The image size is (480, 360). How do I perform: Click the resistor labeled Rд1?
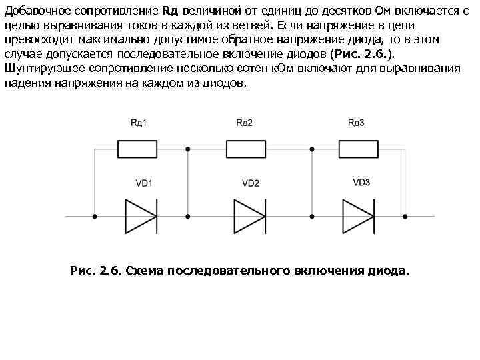point(137,149)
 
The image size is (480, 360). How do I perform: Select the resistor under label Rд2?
point(247,149)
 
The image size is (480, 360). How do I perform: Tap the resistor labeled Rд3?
point(358,149)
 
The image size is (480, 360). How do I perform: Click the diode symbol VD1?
point(141,216)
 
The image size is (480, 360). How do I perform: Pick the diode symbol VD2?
point(249,216)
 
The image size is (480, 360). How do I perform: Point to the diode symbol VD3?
point(358,216)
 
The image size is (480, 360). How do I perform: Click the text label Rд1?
point(139,123)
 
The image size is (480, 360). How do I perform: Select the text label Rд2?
point(245,123)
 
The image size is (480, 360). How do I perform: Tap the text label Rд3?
point(356,123)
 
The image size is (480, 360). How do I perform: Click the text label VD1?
point(144,183)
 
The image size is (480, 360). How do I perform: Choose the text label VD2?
point(251,183)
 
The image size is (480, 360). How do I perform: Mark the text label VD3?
point(361,183)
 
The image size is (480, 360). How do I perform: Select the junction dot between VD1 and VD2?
point(188,216)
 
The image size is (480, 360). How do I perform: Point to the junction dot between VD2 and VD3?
point(311,216)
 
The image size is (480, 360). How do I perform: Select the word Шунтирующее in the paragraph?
point(36,68)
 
